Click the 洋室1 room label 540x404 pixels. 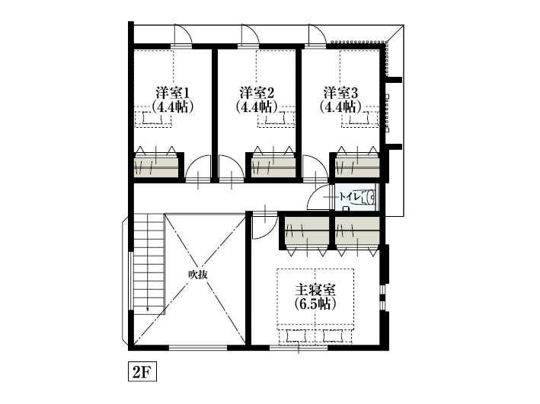pyautogui.click(x=173, y=93)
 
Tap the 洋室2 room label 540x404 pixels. pyautogui.click(x=257, y=93)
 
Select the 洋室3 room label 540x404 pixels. pyautogui.click(x=340, y=93)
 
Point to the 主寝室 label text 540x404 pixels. pyautogui.click(x=315, y=290)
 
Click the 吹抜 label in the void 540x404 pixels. pyautogui.click(x=198, y=275)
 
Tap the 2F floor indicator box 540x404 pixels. pyautogui.click(x=142, y=371)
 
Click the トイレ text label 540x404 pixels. pyautogui.click(x=350, y=197)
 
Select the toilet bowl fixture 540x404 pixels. pyautogui.click(x=369, y=198)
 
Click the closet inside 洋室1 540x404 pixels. pyautogui.click(x=156, y=167)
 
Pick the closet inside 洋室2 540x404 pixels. pyautogui.click(x=273, y=167)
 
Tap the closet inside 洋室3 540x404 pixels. pyautogui.click(x=357, y=167)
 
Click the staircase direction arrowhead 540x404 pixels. pyautogui.click(x=148, y=309)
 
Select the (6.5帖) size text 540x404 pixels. pyautogui.click(x=315, y=304)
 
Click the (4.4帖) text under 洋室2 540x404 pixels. pyautogui.click(x=257, y=107)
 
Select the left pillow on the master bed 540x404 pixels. pyautogui.click(x=296, y=336)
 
